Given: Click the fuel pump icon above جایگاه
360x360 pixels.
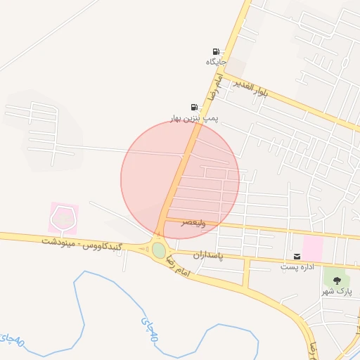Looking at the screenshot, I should [x=215, y=51].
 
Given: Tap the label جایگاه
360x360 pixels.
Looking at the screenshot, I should [x=215, y=62].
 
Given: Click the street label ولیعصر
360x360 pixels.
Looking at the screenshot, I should [x=194, y=222].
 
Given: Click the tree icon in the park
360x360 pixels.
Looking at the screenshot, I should [x=337, y=280].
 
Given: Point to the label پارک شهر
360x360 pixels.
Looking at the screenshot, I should [x=337, y=290].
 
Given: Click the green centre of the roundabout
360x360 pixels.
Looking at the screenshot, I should [x=159, y=250].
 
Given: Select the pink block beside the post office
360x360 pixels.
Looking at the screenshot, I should [x=313, y=247].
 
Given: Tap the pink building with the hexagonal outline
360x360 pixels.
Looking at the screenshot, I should [x=63, y=218].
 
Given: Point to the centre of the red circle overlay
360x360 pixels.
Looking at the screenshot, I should [x=180, y=180].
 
